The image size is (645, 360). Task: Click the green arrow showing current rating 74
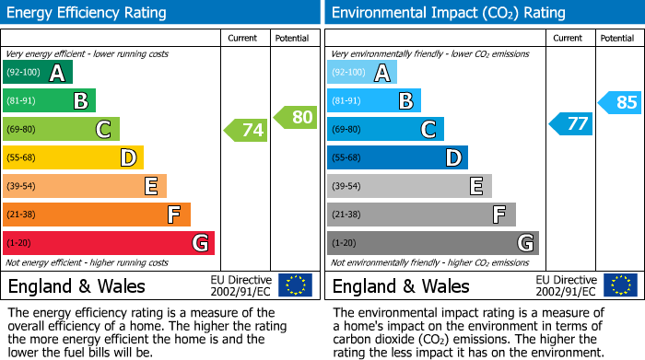246,130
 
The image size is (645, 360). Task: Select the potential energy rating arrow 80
295,117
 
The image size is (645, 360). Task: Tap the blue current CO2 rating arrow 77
570,123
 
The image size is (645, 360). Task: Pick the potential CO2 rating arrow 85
619,102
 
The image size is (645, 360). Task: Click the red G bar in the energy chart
109,243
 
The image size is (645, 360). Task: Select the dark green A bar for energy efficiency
38,73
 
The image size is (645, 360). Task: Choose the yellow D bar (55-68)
74,158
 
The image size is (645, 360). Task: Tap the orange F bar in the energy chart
97,215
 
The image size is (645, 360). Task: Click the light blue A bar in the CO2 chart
362,73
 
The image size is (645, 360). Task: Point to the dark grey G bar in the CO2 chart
432,243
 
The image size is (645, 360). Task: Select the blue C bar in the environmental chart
385,130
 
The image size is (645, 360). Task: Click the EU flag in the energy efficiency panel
295,285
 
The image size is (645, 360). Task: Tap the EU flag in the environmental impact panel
619,285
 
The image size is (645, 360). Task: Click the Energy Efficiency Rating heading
88,13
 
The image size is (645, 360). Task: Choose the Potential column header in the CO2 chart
617,38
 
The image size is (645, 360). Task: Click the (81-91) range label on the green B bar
22,101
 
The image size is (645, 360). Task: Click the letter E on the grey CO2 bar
475,187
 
